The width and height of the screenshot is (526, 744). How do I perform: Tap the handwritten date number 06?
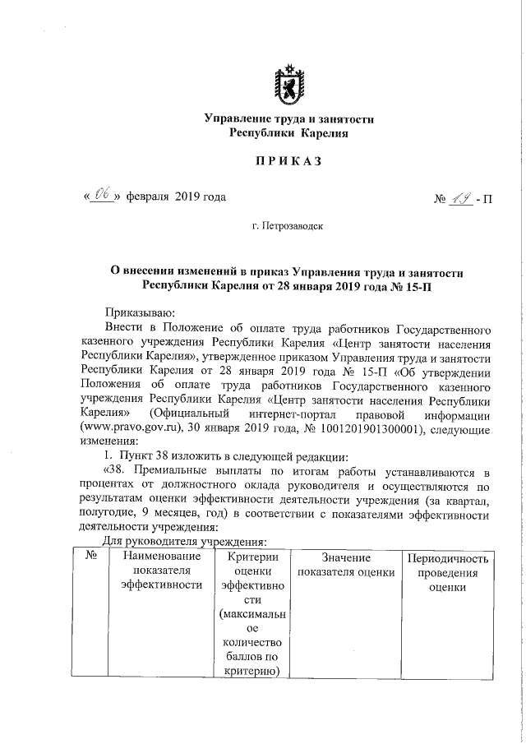(x=104, y=196)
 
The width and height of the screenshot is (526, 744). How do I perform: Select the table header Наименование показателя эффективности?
(x=160, y=571)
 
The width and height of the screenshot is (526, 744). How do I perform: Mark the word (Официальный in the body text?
(x=187, y=414)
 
